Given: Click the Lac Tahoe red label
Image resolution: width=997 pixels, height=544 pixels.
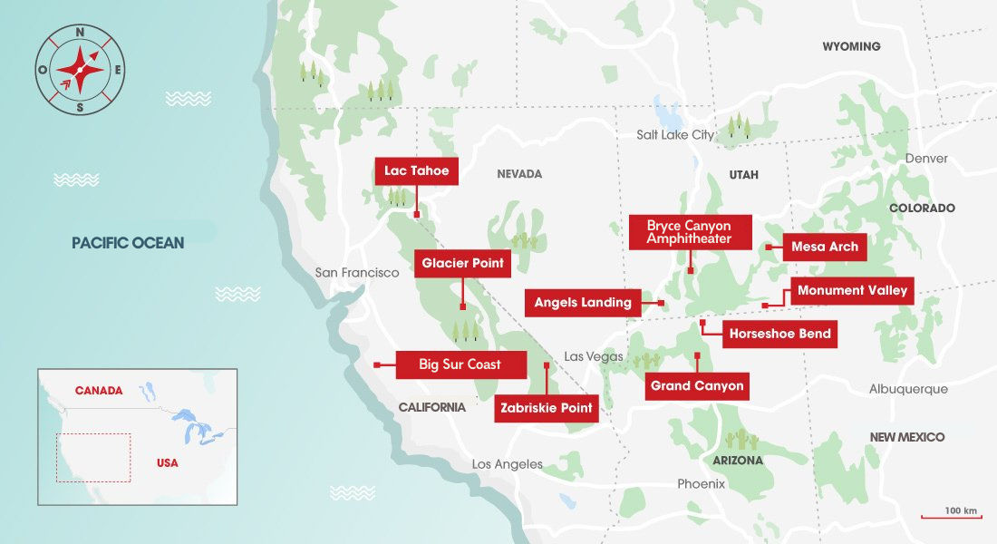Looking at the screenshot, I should [416, 171].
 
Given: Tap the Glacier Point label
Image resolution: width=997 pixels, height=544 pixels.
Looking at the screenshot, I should [462, 264].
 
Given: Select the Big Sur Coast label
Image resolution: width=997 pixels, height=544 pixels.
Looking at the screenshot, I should [460, 364].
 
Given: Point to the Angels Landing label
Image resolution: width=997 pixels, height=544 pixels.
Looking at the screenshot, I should [583, 303].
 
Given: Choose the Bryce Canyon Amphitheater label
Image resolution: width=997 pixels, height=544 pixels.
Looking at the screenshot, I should [689, 232].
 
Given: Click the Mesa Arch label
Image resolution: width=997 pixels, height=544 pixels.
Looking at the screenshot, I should [824, 246].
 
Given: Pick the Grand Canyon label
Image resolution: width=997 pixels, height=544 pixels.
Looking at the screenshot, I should [697, 386].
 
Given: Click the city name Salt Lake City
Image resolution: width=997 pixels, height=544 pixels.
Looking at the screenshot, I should [675, 135].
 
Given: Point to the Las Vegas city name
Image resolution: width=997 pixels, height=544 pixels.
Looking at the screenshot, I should [593, 356].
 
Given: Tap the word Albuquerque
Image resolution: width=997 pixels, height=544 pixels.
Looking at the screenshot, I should [908, 389].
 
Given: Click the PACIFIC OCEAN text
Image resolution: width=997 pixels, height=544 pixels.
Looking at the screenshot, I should [128, 243].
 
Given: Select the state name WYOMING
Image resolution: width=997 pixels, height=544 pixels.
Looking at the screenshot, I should [851, 46].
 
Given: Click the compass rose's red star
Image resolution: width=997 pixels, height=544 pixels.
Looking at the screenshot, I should [80, 69].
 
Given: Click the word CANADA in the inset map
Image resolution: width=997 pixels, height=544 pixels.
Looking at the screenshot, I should [99, 391].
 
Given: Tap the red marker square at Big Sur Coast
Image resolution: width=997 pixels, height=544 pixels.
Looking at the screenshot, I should [377, 365].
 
